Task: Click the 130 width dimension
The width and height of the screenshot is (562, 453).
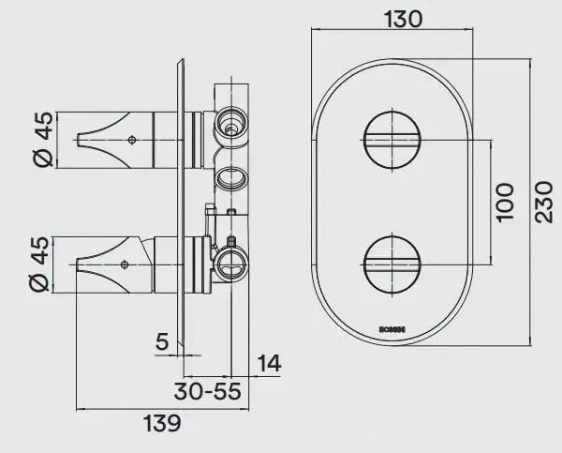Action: point(390,18)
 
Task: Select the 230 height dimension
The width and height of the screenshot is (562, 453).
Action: point(544,201)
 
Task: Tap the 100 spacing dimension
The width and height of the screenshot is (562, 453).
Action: point(505,201)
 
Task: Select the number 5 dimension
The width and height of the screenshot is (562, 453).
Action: point(161,341)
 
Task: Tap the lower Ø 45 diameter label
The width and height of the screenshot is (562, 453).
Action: point(42,263)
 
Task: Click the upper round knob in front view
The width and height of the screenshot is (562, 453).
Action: point(390,140)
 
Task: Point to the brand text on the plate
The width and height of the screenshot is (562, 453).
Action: point(390,329)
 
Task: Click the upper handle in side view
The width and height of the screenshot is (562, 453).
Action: point(122,140)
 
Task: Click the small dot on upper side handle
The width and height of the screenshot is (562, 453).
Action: point(132,141)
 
